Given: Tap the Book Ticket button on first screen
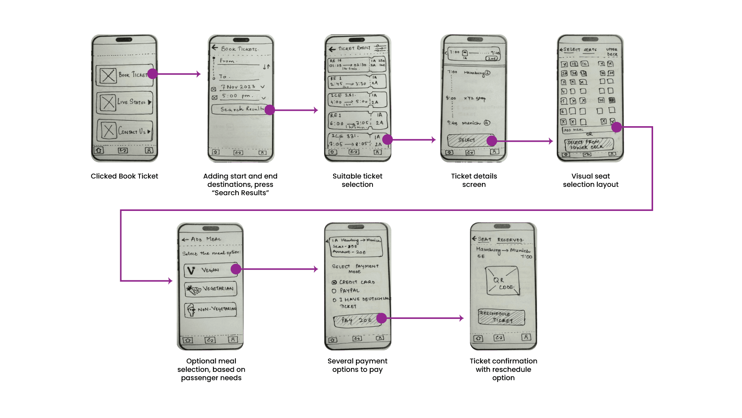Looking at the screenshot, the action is click(124, 75).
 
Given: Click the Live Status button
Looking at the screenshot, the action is click(124, 102).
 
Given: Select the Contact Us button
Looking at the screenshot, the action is click(124, 131).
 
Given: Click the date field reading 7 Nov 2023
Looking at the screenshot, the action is click(239, 87).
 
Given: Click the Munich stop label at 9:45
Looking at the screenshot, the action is click(471, 123).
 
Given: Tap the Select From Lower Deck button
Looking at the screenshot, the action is click(588, 144).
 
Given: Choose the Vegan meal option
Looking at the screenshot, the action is click(210, 270).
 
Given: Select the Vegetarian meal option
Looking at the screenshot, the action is click(210, 289).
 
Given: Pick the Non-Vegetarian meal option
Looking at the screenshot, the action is click(210, 310).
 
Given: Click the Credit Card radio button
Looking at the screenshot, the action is click(334, 283).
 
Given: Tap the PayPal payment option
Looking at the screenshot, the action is click(349, 291).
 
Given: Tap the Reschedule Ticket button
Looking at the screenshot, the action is click(502, 317).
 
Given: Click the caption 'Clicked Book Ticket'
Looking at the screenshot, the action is click(124, 176).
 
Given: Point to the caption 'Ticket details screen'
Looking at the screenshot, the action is click(474, 180).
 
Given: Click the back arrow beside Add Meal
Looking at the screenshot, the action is click(185, 240).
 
